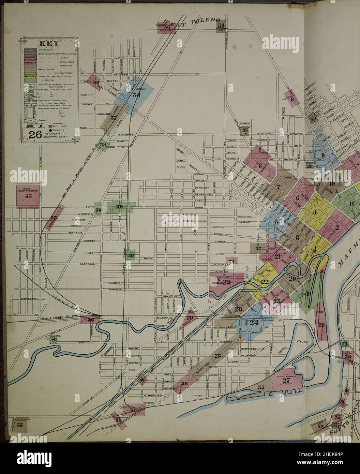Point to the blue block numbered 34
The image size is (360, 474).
(136, 94)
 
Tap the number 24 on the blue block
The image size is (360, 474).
(254, 323)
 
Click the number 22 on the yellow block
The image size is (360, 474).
(265, 281)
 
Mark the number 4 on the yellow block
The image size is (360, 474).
(315, 212)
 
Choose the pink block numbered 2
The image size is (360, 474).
(336, 228)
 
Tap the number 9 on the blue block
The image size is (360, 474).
(322, 155)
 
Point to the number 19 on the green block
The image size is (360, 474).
(309, 294)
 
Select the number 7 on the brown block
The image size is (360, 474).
(279, 187)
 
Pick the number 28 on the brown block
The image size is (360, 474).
(238, 309)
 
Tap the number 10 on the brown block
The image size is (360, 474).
(332, 184)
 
